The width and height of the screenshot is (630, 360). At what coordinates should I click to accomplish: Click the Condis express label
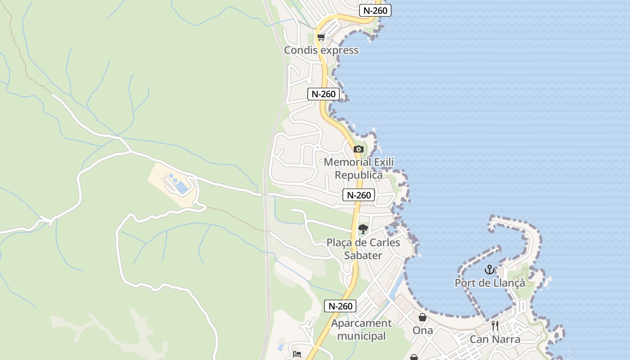point(321,50)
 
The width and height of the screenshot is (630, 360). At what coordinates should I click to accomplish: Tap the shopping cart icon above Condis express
point(321,37)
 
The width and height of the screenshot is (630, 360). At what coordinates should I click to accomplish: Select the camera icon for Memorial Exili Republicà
point(358,149)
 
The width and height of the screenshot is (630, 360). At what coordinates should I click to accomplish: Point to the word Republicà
point(359,175)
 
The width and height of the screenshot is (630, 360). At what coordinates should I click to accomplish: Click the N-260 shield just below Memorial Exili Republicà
point(359,195)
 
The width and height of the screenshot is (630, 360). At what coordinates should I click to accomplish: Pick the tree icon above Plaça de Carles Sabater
point(363,229)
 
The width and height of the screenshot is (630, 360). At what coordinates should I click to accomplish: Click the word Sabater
point(363,256)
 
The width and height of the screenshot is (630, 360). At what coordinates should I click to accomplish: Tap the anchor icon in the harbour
point(489,270)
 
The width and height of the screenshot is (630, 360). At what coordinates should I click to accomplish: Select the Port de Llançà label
point(490,283)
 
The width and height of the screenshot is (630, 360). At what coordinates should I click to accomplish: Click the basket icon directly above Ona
point(423,317)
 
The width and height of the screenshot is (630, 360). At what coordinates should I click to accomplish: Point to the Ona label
point(423,330)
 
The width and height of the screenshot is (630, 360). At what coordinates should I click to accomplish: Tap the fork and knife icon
point(495,326)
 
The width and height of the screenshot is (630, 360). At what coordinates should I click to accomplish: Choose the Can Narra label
point(495,339)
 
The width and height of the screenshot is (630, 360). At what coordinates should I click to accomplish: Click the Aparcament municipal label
point(361,329)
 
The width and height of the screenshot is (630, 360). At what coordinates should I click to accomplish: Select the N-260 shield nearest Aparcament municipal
point(340,306)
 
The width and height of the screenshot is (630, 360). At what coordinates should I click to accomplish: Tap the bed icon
point(297,354)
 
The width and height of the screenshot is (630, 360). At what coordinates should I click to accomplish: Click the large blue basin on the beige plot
point(182,187)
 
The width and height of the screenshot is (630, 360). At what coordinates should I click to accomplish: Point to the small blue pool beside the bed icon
point(281,347)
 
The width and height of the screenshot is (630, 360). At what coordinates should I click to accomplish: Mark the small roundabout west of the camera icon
point(317,147)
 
